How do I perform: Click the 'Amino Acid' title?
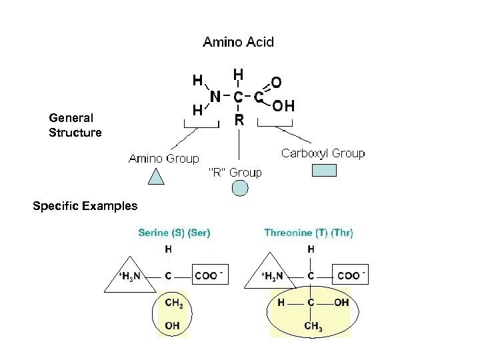tap(238, 41)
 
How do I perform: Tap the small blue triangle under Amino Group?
tap(155, 177)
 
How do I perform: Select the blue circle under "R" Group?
tap(239, 189)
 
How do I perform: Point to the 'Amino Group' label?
tap(163, 158)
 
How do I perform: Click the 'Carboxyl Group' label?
tap(323, 153)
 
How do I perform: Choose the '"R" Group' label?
tap(235, 173)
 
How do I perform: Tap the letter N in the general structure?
tap(215, 97)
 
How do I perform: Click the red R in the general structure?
tap(239, 121)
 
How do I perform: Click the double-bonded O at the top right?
tap(275, 81)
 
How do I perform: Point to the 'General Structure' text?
tap(75, 125)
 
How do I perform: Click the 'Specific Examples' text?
tap(85, 206)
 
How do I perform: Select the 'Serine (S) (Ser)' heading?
tap(174, 233)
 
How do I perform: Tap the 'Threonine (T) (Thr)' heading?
tap(309, 233)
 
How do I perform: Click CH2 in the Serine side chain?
tap(173, 302)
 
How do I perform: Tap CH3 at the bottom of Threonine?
tap(312, 326)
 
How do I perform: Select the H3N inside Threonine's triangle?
tap(271, 275)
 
